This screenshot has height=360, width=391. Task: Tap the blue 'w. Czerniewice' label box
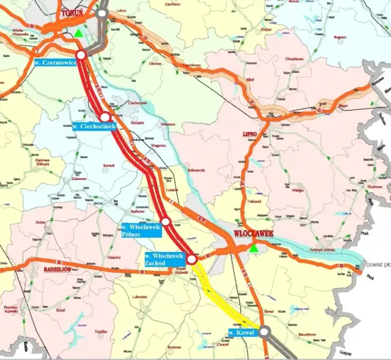coord(55,63)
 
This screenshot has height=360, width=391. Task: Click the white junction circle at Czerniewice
coord(81,55)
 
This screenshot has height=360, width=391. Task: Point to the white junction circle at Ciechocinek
coord(105,117)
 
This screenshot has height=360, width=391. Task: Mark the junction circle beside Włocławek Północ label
coord(166,221)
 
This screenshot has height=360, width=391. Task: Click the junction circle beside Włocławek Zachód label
coord(192,260)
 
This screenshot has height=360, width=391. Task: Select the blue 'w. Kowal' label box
coord(241,333)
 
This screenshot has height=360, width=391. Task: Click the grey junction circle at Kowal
coord(264,332)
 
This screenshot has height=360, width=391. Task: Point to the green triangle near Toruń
coord(78,33)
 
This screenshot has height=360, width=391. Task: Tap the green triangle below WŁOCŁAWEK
coord(254,248)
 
